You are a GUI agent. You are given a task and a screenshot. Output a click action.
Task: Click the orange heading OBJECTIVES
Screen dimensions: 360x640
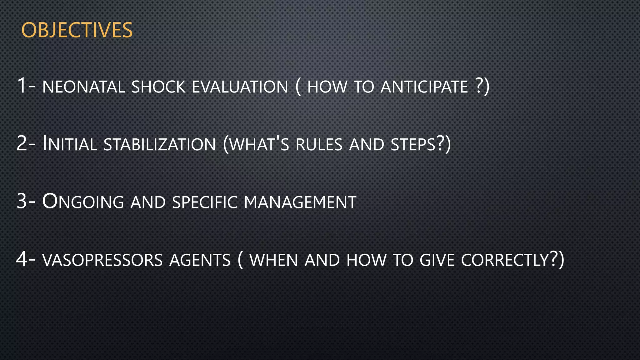[77, 31]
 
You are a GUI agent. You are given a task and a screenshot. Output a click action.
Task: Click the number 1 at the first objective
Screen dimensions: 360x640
[22, 85]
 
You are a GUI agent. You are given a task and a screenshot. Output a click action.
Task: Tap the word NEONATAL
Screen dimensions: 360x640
[83, 87]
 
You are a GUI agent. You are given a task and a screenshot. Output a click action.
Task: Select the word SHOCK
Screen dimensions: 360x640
[158, 87]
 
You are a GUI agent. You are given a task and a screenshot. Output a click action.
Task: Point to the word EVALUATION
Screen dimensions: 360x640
[240, 87]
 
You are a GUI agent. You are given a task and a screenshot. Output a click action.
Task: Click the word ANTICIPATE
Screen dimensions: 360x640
[424, 87]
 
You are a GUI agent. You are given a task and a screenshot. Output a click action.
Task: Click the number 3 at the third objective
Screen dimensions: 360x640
[22, 201]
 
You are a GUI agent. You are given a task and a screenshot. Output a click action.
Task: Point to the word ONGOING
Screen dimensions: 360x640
[83, 202]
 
